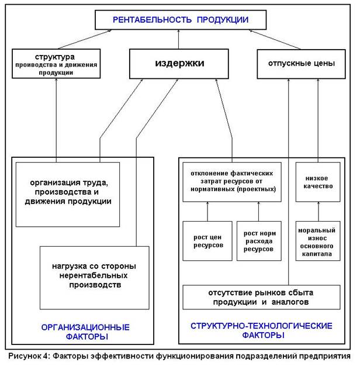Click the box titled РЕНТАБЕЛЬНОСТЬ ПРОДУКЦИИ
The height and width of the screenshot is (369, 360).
(181, 20)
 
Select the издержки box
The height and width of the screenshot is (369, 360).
(179, 64)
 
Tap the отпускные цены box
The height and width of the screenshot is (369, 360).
(301, 64)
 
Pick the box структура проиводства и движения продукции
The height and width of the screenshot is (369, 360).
(56, 64)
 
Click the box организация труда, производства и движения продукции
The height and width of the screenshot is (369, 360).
(68, 194)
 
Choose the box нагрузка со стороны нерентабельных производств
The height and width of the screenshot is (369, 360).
(95, 278)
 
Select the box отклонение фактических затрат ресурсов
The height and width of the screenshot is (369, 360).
(232, 182)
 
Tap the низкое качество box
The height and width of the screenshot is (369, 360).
(318, 182)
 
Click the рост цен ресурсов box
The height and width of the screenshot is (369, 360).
(207, 241)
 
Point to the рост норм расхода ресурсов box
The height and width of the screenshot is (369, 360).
(259, 241)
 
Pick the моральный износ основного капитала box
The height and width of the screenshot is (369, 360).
(318, 241)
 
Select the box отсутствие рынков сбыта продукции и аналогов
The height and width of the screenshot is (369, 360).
(261, 297)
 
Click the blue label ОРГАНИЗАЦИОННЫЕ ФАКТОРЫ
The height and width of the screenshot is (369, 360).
(85, 332)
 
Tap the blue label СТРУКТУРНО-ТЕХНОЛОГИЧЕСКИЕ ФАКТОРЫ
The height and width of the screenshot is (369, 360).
(261, 330)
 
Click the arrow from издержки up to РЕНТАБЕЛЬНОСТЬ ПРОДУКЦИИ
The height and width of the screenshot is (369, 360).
(178, 39)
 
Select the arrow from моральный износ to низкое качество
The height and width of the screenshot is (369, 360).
(319, 211)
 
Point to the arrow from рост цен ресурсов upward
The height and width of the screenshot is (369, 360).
(207, 211)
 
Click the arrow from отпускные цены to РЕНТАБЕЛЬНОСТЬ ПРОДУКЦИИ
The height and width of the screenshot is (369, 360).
(275, 40)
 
